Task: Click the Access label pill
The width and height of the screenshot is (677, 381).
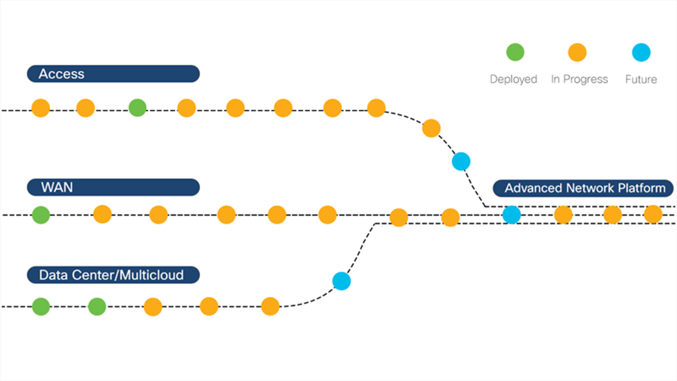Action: pos(113,74)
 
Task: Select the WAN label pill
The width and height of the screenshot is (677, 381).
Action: pos(113,187)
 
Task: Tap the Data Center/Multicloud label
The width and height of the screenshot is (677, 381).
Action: pos(113,275)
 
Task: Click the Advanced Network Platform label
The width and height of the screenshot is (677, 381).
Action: pos(583,188)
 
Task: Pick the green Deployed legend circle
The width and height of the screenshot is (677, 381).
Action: pos(515,52)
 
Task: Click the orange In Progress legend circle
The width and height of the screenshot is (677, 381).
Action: pos(577,53)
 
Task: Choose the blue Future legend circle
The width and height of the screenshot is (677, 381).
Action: pos(641,53)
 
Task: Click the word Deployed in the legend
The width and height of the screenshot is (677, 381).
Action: pos(513,79)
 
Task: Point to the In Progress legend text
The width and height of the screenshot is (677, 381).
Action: pos(579,79)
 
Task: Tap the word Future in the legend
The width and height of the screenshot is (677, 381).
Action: pos(641,79)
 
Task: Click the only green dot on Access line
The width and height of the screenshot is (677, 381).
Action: pos(138,108)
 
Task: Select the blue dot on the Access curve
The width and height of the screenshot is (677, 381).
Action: pos(461,162)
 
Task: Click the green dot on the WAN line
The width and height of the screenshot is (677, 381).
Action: pos(41,215)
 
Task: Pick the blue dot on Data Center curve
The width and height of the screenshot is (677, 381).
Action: pos(341,281)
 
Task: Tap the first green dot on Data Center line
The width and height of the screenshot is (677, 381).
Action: pos(41,307)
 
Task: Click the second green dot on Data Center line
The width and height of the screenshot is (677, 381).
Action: pos(97,307)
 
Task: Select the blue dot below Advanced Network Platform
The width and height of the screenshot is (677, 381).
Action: pos(511,215)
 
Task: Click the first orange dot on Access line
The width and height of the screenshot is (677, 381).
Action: pos(41,108)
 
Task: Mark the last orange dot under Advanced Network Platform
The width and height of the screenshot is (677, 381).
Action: pos(653,214)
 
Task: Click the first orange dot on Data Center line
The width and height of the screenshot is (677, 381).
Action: pos(153,307)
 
